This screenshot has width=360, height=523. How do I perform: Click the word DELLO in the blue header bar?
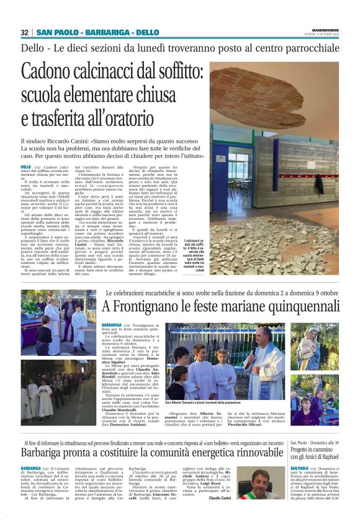tap(146, 32)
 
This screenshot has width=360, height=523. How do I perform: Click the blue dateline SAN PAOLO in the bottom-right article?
tap(299, 468)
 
